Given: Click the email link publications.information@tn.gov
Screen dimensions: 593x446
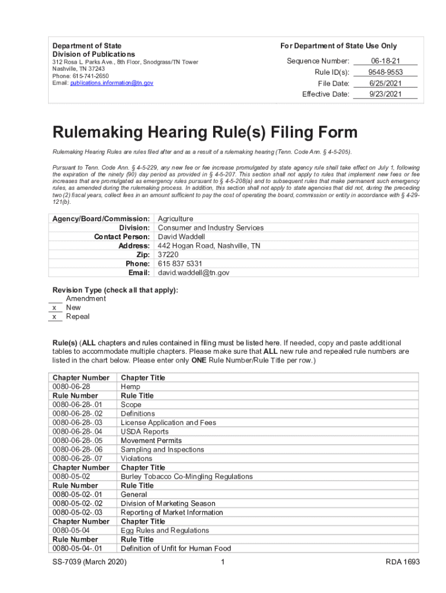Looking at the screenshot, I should point(112,83).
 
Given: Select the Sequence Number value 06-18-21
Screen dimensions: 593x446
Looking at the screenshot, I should point(385,61).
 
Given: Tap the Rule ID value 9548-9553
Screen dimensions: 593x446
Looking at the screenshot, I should point(385,72).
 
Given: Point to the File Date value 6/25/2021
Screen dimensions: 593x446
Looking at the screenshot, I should point(385,83).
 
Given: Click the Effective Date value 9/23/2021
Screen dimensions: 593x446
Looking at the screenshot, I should point(385,94).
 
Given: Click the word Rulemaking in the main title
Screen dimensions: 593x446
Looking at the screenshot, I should point(107,133).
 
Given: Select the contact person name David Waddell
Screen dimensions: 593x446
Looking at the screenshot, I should point(181,237).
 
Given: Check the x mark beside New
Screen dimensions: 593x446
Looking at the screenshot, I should point(54,308).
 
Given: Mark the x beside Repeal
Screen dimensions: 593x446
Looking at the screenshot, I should point(54,317).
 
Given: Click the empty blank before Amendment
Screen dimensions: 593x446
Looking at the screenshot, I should point(56,299).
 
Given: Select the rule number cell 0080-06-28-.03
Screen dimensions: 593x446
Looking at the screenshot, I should point(78,423).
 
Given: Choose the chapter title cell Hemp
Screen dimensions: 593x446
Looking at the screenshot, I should point(130,387).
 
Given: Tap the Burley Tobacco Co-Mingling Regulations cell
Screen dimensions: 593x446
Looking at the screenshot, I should point(187,477).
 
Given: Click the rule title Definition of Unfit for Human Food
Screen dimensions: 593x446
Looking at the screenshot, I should point(176,548).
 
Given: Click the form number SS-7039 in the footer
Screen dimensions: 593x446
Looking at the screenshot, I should point(73,562).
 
